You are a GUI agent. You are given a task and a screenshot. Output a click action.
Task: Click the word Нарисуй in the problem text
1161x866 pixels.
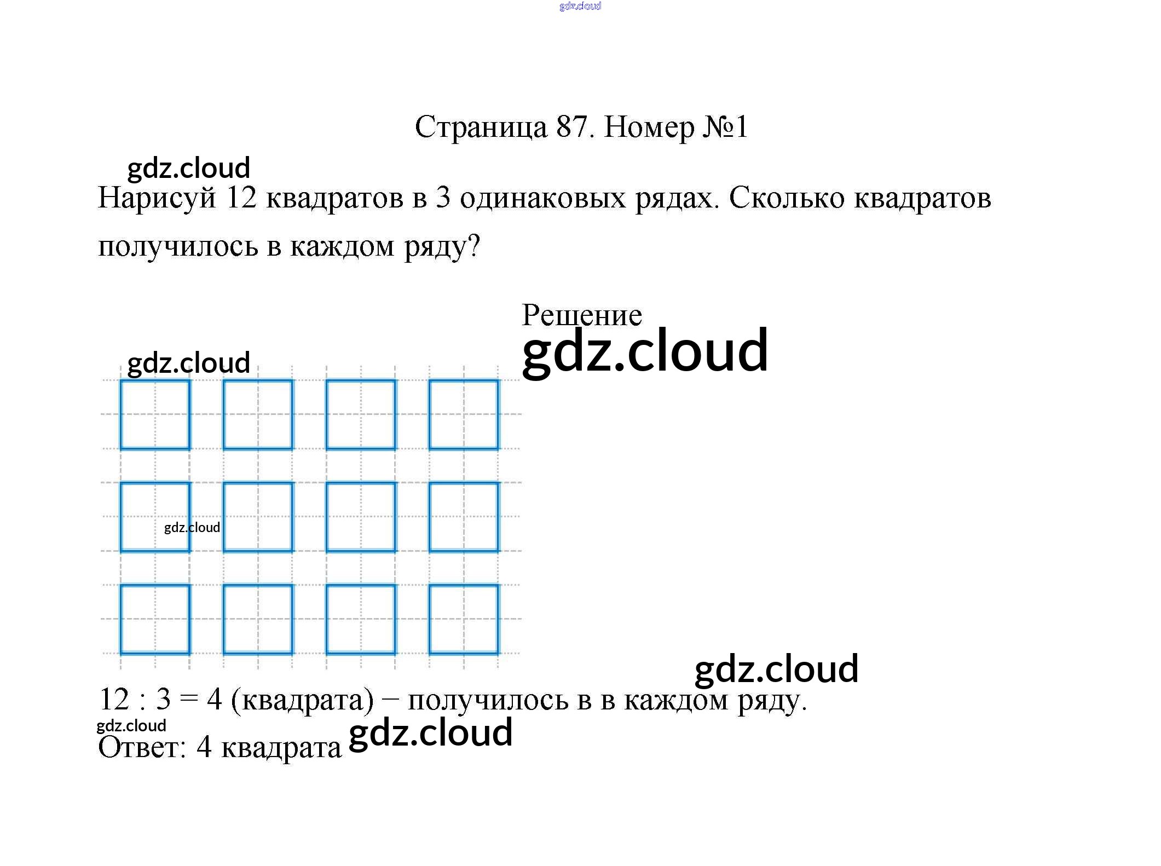point(157,199)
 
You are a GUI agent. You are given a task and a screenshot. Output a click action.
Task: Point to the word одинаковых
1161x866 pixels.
point(542,198)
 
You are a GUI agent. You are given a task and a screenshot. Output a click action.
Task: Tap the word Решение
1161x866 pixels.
point(581,316)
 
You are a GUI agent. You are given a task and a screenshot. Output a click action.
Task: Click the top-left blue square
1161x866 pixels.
point(155,414)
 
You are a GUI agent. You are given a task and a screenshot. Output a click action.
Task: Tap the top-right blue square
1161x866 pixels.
point(464,414)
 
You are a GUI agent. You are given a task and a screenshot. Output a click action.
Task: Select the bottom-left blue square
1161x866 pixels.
point(155,619)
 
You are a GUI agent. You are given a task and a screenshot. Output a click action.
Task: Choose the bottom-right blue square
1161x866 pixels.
point(464,619)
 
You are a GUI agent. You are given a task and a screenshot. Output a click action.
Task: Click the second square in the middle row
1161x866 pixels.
point(258,517)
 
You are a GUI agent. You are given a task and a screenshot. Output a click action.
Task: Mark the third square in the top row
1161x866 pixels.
point(361,414)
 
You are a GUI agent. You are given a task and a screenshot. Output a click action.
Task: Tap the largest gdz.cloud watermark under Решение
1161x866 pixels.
point(645,351)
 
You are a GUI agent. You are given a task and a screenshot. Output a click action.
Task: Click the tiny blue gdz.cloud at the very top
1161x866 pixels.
point(580,6)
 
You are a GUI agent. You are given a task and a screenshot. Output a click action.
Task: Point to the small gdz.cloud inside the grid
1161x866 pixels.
point(192,527)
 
